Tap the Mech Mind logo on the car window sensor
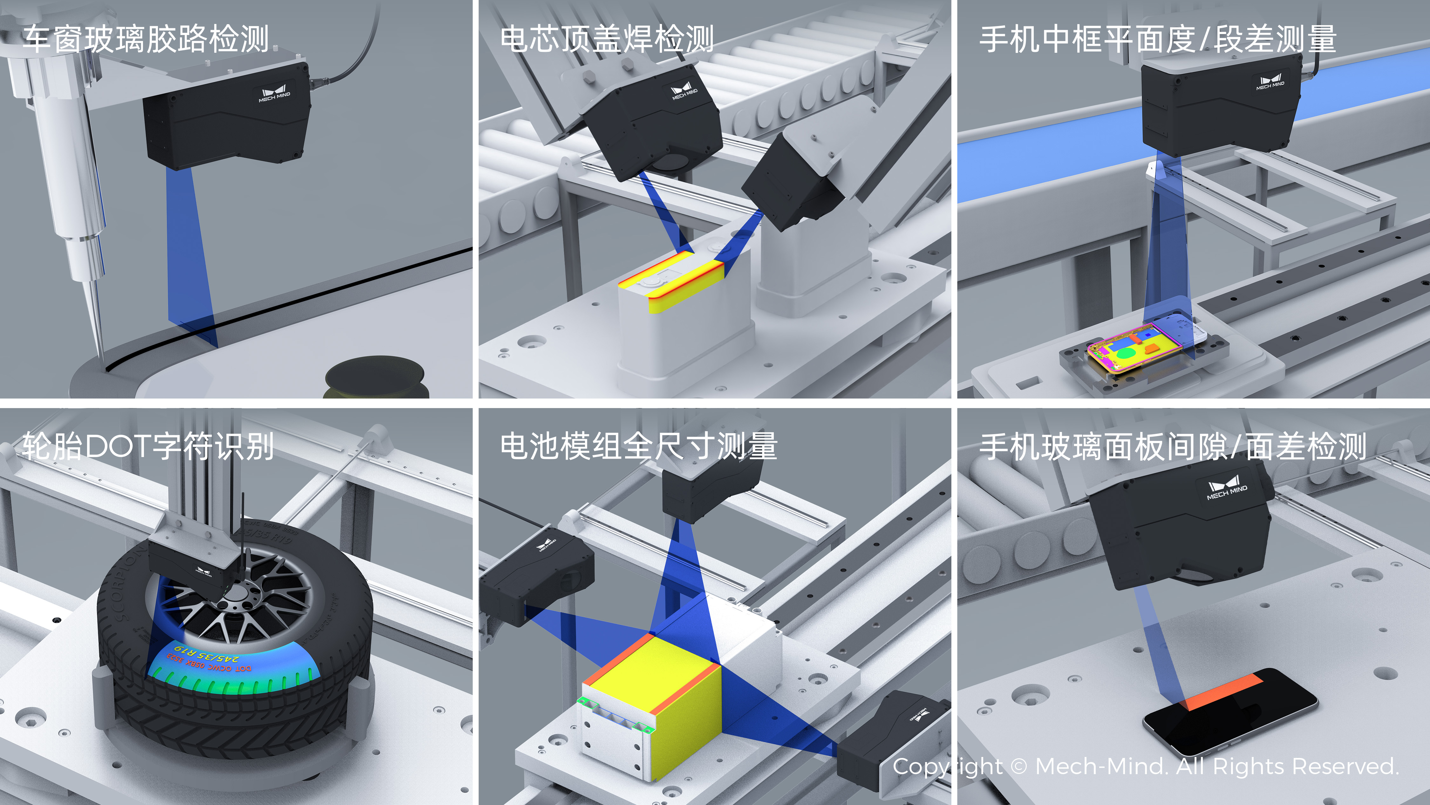(x=274, y=93)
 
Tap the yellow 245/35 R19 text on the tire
(x=205, y=650)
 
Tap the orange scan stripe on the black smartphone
(x=1221, y=692)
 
